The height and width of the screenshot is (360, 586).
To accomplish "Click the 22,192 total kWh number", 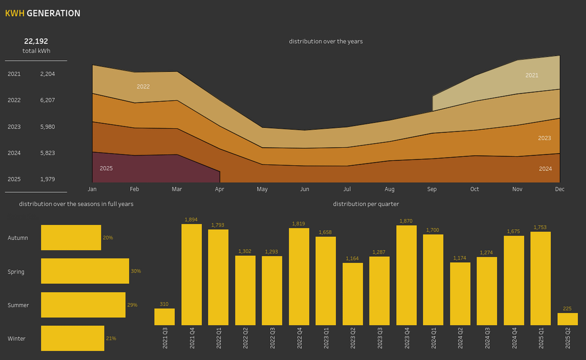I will point(36,41).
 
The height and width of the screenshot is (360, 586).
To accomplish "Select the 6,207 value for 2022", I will point(47,100).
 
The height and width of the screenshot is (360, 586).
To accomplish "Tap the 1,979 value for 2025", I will point(47,179).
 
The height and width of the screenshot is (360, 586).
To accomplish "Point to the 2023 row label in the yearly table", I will point(14,127).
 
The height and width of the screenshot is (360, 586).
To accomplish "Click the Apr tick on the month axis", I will point(220,190).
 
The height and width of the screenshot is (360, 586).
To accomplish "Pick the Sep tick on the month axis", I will point(432,190).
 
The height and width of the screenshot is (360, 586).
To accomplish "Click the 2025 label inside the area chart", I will point(106,168).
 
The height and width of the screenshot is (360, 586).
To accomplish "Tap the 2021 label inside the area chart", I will point(532,75).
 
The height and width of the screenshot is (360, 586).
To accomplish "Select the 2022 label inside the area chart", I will point(143,87).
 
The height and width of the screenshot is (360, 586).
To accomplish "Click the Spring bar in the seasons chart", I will point(85,271).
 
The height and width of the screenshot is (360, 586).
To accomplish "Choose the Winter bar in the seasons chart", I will point(73,338).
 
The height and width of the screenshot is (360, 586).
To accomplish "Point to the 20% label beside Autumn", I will point(108,238).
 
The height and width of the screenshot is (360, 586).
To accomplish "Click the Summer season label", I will point(18,305).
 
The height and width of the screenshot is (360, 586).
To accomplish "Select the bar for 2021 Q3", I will point(164,317).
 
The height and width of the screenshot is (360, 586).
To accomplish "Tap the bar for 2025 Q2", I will point(568,319).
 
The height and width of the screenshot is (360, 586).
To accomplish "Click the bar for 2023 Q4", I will point(406,275).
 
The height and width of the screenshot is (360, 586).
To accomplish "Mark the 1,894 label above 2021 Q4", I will point(192,220).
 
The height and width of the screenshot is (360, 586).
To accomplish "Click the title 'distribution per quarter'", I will point(366,204).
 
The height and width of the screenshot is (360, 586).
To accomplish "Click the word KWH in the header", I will point(15,14).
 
